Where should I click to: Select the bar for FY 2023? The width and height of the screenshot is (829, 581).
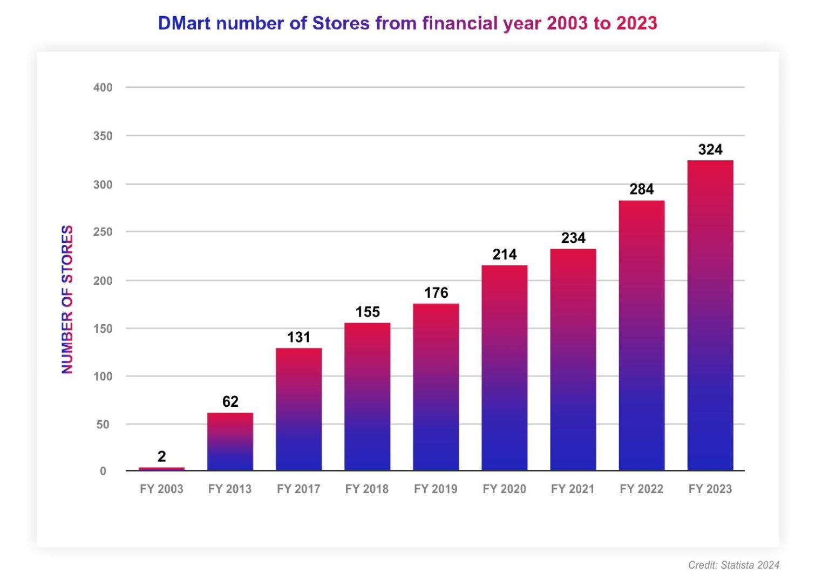point(710,315)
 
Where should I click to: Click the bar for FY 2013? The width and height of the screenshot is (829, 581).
point(230,441)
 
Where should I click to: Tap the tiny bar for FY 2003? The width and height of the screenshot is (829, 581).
point(161,469)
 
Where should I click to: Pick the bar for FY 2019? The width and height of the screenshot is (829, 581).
point(436,387)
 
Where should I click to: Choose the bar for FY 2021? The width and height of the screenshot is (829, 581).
point(573,359)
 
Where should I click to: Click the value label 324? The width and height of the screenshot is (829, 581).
point(710,149)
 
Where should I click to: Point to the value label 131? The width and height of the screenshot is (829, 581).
point(298,337)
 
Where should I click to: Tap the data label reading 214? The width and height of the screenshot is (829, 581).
point(504,254)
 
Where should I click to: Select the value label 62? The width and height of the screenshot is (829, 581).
point(230,401)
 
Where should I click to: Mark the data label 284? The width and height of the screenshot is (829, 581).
point(641,189)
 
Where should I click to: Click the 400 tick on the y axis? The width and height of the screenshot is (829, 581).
point(103,87)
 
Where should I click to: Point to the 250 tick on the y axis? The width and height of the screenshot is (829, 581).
point(103,232)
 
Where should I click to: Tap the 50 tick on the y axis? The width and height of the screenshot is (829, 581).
point(103,425)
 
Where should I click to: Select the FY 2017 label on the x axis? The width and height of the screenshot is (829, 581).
point(298,489)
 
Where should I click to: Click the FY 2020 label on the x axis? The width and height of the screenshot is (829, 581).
point(504,489)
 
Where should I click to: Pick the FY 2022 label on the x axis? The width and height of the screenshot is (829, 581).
point(641,489)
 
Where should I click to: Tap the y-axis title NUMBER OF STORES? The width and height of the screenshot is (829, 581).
point(67,299)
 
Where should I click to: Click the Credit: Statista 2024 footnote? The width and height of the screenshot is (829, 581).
point(733,565)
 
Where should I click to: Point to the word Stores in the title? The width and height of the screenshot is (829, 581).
point(341,23)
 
